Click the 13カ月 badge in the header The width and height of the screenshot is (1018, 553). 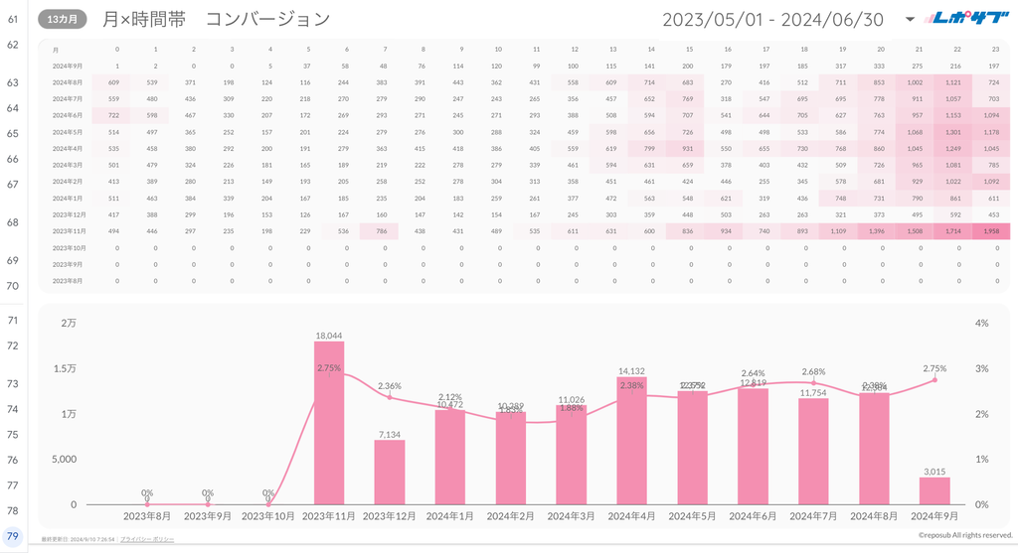pyautogui.click(x=63, y=19)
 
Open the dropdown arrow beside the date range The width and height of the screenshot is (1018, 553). pyautogui.click(x=910, y=20)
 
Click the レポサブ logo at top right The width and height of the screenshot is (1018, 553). pyautogui.click(x=968, y=18)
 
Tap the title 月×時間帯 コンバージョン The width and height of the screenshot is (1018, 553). pyautogui.click(x=216, y=19)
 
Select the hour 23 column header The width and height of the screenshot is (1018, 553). pyautogui.click(x=994, y=49)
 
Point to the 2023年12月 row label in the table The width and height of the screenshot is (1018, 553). pyautogui.click(x=69, y=214)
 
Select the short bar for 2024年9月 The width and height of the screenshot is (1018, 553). pyautogui.click(x=934, y=490)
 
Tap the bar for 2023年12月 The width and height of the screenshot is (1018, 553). pyautogui.click(x=390, y=472)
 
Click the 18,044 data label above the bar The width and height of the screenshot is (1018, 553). pyautogui.click(x=329, y=336)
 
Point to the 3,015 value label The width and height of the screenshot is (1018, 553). pyautogui.click(x=934, y=471)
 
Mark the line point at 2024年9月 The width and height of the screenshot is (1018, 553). pyautogui.click(x=934, y=379)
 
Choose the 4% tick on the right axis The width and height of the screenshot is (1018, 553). pyautogui.click(x=981, y=324)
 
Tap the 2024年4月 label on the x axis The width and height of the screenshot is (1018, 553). pyautogui.click(x=632, y=516)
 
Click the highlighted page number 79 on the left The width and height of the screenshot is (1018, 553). pyautogui.click(x=13, y=537)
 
